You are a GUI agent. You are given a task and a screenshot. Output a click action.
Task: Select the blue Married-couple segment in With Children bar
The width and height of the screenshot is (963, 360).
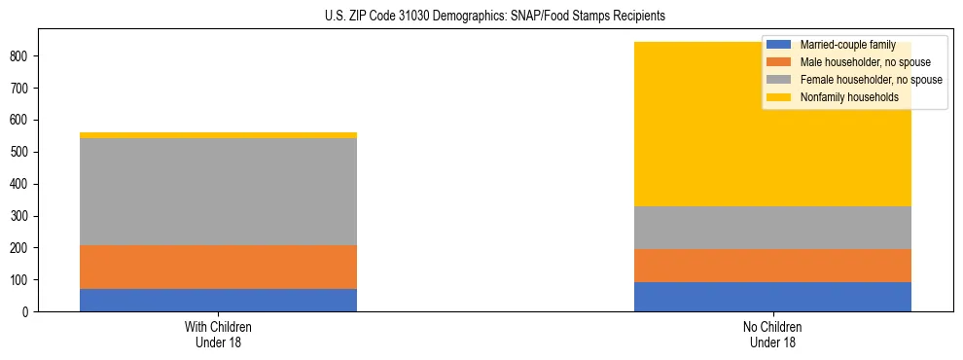[218, 300]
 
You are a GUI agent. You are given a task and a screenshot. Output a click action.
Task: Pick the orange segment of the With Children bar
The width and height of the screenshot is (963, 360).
[218, 267]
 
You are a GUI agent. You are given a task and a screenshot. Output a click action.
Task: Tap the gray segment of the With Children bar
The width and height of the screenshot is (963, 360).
[218, 192]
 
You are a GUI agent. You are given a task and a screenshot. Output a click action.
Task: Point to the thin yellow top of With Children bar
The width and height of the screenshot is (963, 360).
[218, 135]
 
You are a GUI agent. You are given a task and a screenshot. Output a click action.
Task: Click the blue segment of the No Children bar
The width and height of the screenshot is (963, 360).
[772, 297]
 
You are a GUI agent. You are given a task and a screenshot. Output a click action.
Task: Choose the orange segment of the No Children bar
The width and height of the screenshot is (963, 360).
[772, 266]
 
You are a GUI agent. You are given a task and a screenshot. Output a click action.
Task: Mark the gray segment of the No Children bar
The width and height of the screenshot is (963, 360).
[772, 228]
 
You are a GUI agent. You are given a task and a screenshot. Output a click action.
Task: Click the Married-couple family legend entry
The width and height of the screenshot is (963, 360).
[845, 45]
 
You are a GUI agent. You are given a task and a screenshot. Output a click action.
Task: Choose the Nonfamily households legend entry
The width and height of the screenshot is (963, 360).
[842, 97]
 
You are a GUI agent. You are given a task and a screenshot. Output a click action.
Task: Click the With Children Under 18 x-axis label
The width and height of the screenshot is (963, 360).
[218, 334]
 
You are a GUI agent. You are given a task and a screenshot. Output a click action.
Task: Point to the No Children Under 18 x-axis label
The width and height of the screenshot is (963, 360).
[772, 334]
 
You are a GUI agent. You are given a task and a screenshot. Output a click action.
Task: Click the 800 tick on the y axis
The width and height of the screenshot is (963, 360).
[21, 56]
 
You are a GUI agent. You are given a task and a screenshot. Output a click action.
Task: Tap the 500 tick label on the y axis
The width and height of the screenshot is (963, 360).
[21, 152]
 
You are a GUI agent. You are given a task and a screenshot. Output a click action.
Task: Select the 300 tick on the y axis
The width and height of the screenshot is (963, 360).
[21, 216]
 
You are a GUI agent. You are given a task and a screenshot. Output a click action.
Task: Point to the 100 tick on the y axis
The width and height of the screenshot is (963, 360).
[21, 280]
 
